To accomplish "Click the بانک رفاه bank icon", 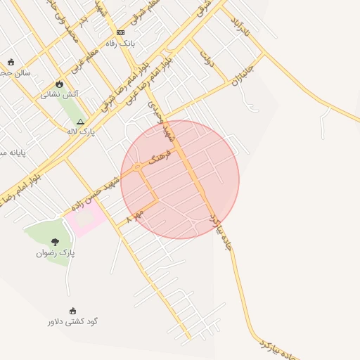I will click(120, 32).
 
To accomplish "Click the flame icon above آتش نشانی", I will click(59, 84).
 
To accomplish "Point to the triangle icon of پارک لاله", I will click(80, 121).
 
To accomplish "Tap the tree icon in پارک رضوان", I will click(56, 242).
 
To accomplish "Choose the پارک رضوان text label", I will click(56, 252).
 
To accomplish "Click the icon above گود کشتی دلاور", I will click(73, 311).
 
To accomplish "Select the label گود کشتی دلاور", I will click(73, 321).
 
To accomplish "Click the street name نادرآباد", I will click(239, 26).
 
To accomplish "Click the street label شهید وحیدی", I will click(159, 115).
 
